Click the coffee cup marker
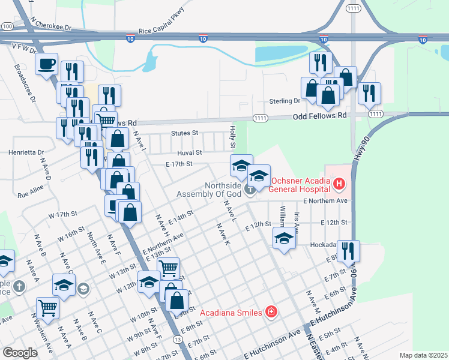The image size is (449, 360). coord(46,64)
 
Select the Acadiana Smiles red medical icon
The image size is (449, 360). coord(271,311)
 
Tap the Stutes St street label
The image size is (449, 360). coord(184,133)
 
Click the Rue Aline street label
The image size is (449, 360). coord(31,193)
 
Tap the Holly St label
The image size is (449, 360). coord(234,137)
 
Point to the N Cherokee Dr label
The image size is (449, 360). coord(52,28)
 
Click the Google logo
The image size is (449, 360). coord(20,353)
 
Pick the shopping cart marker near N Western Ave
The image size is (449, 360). coord(47,308)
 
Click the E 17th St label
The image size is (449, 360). coord(179,163)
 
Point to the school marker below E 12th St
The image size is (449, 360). coord(284,238)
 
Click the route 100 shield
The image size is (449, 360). coord(7,26)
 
